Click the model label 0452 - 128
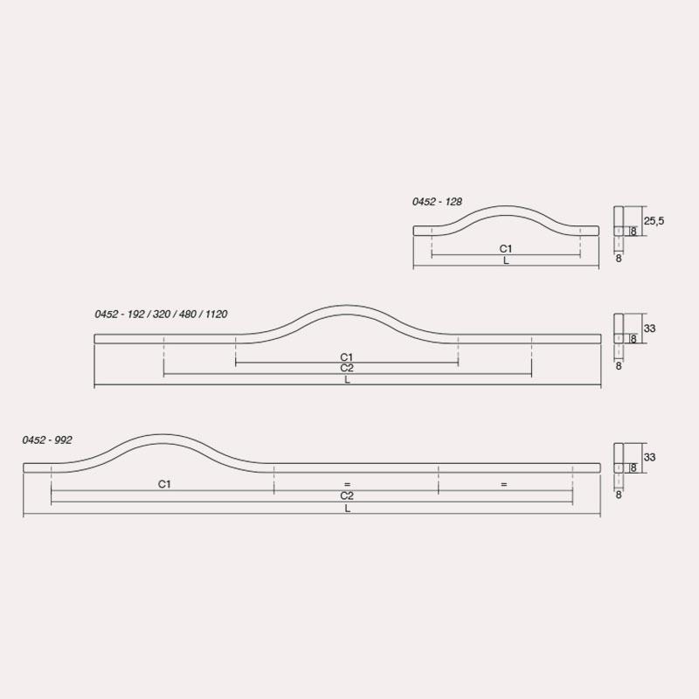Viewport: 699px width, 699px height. (x=437, y=202)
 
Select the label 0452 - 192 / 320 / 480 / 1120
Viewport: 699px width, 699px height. (x=161, y=315)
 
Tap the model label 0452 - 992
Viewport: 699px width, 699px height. (x=47, y=440)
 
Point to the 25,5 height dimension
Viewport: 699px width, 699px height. (x=654, y=221)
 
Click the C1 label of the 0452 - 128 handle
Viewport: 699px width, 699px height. (x=506, y=248)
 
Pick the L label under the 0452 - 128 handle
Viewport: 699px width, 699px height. (x=506, y=260)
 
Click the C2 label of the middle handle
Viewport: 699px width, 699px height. (x=347, y=368)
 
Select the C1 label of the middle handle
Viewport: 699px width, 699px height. (x=346, y=357)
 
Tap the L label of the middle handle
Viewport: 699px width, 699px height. (x=347, y=380)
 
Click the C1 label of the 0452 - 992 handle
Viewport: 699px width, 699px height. (x=164, y=484)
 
